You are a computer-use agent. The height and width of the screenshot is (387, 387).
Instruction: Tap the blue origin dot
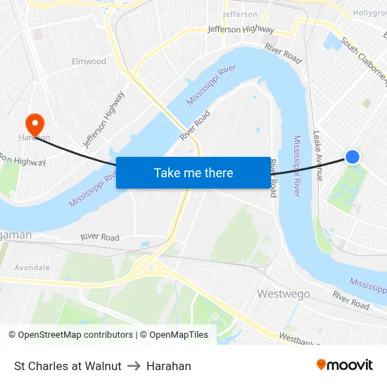(353, 157)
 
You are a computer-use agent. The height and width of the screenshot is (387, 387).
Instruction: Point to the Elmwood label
(89, 61)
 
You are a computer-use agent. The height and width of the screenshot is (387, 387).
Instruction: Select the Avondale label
(32, 268)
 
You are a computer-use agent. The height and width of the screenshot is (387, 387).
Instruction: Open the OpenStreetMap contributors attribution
(70, 335)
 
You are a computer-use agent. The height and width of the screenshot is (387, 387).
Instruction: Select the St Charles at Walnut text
(68, 366)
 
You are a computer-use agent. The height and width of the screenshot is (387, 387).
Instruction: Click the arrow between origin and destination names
(134, 366)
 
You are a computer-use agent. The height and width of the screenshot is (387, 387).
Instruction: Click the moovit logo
(345, 364)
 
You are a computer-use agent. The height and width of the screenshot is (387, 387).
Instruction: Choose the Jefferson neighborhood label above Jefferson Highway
(240, 14)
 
